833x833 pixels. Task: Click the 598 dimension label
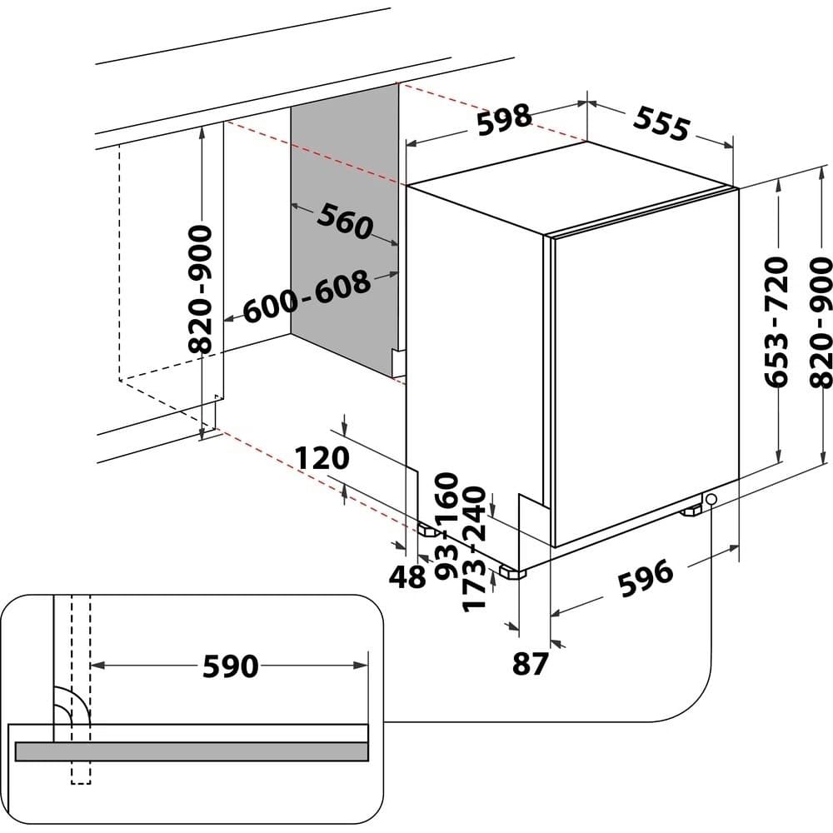point(504,118)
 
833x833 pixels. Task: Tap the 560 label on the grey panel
point(343,222)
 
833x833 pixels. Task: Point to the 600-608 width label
point(307,297)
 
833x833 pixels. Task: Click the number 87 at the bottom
point(530,663)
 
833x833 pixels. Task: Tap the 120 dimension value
point(321,459)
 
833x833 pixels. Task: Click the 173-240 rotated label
point(474,550)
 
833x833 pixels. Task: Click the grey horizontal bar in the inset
point(192,751)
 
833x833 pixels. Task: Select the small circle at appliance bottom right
point(711,499)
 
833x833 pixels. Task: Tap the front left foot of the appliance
point(511,573)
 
